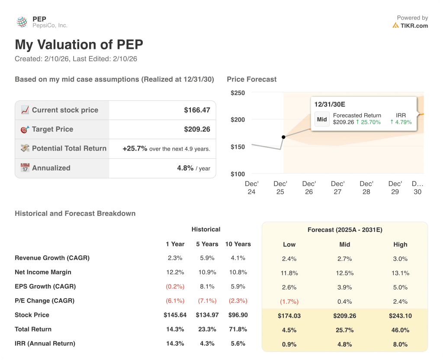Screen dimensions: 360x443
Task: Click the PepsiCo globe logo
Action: (x=22, y=22)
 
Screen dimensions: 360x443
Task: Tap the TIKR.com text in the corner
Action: (x=414, y=26)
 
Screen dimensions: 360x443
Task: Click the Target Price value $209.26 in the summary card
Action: (x=197, y=129)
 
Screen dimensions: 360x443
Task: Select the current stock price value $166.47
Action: (x=197, y=110)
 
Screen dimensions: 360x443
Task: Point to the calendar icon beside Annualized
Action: (x=25, y=168)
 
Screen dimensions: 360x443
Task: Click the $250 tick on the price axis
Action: (x=238, y=93)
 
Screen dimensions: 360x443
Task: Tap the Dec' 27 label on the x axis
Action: (x=337, y=188)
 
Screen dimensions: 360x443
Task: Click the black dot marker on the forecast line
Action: (x=283, y=137)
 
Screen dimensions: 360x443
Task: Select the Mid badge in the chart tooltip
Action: (x=322, y=119)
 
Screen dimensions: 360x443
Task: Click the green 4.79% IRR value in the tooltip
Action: (x=401, y=122)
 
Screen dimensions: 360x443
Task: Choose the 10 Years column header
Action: (x=238, y=244)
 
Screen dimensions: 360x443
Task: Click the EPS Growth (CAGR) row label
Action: (x=45, y=286)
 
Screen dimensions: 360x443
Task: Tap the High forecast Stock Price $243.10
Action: (x=400, y=316)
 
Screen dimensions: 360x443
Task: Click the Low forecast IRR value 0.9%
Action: (x=289, y=344)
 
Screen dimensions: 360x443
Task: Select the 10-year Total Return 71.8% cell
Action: (x=238, y=329)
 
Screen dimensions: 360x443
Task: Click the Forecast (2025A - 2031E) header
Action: (x=344, y=230)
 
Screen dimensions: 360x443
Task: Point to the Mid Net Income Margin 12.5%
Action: (x=344, y=273)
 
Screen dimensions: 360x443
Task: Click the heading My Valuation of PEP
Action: (x=79, y=45)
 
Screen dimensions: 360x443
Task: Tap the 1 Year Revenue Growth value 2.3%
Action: (x=175, y=258)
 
